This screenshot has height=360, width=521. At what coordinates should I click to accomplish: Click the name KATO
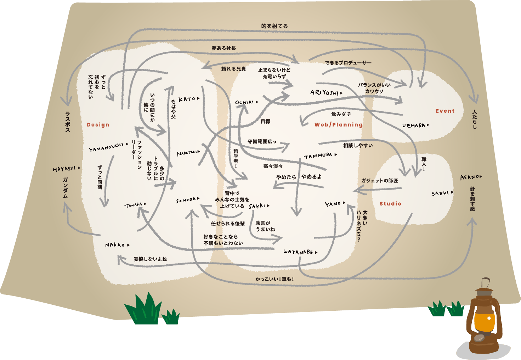coord(187,99)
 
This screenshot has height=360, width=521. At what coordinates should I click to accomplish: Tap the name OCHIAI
coord(245,102)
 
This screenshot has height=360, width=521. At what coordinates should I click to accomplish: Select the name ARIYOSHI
coord(324,93)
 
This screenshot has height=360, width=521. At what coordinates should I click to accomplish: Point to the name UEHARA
coord(414,125)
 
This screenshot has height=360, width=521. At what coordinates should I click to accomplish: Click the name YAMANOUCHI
coord(106,147)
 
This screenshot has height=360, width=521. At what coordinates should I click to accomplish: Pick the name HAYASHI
coord(64,169)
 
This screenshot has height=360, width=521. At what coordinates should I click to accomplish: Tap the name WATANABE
coord(298,252)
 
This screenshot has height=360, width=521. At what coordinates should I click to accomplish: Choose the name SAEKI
coord(440,193)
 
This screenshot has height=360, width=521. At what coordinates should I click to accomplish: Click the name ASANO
coord(470,177)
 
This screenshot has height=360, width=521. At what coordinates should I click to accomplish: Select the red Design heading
coord(98,125)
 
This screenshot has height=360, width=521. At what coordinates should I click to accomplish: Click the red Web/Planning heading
coord(338,125)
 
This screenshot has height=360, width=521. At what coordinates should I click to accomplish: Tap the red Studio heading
coord(390,204)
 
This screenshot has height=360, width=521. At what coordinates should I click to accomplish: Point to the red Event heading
coord(445,111)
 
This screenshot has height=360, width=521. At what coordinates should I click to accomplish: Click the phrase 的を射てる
coord(274,26)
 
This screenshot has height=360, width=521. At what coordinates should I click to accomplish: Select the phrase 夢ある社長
coord(224,48)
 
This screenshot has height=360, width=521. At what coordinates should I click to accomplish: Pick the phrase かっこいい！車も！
coord(274,279)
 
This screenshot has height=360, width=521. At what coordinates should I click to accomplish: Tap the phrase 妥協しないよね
coord(150,259)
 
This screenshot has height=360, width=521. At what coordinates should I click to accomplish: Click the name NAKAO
coord(115,245)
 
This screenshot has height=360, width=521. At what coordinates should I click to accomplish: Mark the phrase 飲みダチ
coord(341,114)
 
